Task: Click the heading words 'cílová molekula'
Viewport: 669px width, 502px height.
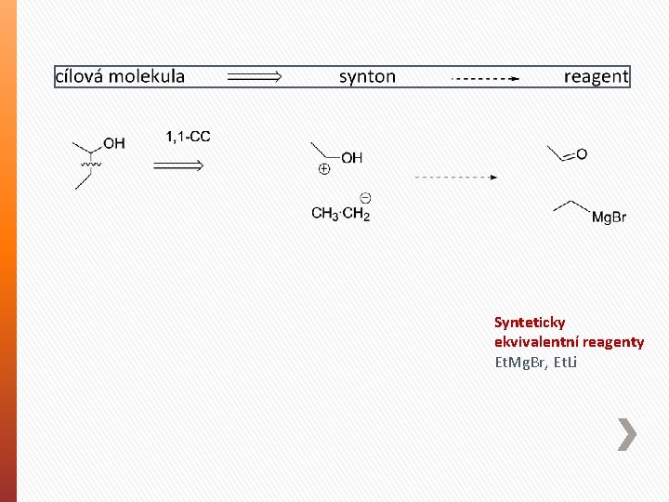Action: (x=120, y=76)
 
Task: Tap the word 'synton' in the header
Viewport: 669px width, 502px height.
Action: (x=367, y=76)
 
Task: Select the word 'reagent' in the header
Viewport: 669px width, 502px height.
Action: (x=596, y=76)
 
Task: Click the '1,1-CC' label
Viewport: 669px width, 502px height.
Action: (x=188, y=137)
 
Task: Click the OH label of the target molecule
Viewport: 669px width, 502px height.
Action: (x=114, y=143)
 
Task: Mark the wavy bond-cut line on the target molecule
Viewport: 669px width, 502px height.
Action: (x=91, y=163)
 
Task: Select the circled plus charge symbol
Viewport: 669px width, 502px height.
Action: (x=323, y=169)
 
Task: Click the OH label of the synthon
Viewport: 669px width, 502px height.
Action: (x=352, y=158)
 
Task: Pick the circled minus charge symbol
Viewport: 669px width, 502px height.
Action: (x=365, y=197)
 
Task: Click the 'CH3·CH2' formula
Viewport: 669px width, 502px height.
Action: (x=340, y=215)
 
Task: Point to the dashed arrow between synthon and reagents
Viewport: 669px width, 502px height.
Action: (x=455, y=177)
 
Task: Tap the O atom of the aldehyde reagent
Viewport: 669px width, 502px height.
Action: (x=582, y=153)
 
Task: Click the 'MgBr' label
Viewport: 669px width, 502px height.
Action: (x=609, y=218)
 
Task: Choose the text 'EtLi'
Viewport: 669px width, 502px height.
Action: (x=563, y=362)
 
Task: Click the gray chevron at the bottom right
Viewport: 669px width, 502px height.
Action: (x=628, y=434)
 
